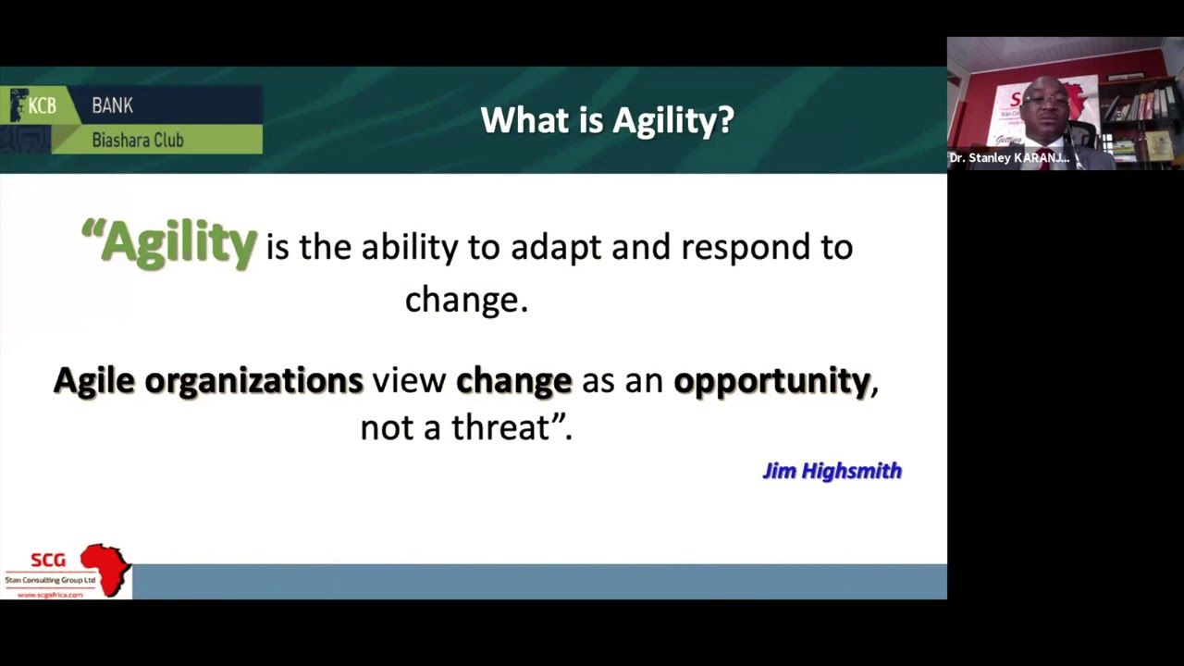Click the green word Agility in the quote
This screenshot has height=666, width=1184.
(x=179, y=243)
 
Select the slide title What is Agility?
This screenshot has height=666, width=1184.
(x=607, y=120)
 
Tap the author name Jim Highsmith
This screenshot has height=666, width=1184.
(x=832, y=471)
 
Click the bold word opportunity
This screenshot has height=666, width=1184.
(x=771, y=381)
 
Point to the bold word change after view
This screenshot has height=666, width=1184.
(x=514, y=381)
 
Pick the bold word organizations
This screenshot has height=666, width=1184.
(x=253, y=381)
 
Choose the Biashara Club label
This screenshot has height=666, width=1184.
(x=138, y=141)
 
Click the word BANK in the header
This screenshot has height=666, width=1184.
(x=112, y=106)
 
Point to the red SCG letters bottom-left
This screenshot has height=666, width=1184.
(x=48, y=561)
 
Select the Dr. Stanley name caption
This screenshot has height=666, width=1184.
(x=1009, y=158)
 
